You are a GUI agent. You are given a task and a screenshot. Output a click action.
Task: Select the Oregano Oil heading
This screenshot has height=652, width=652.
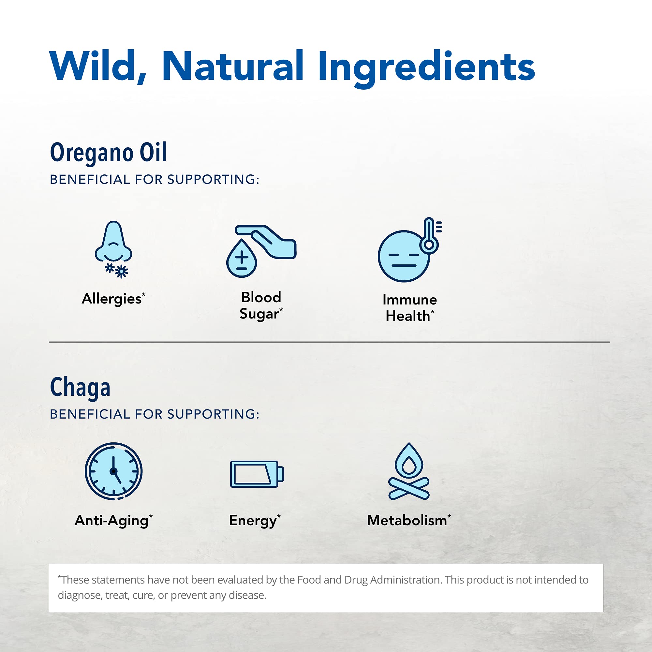pos(108,153)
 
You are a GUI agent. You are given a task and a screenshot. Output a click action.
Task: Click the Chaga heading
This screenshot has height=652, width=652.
pos(80,387)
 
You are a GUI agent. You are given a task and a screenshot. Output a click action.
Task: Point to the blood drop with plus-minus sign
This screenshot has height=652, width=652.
pos(242,259)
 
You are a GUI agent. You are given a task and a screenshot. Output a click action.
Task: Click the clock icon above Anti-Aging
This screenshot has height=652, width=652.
pos(113,471)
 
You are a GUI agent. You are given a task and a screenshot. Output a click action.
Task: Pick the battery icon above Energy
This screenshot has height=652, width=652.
pos(257,474)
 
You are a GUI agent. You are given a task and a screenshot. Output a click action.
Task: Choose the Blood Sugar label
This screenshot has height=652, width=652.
pos(261,305)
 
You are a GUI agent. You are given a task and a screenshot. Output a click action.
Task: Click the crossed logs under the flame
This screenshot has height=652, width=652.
pos(409,489)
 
